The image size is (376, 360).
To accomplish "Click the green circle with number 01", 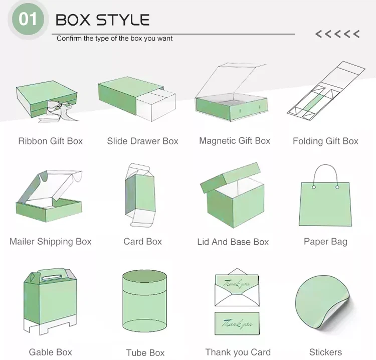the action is pyautogui.click(x=28, y=19).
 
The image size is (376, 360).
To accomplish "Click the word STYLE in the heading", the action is pyautogui.click(x=123, y=20).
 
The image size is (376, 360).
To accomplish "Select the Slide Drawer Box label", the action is pyautogui.click(x=143, y=141).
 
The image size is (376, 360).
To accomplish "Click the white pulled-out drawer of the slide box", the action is pyautogui.click(x=156, y=105).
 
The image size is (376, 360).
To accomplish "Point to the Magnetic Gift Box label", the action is pyautogui.click(x=235, y=141).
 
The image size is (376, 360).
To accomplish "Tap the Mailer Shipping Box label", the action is pyautogui.click(x=50, y=242).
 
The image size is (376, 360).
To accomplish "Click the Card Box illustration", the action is pyautogui.click(x=140, y=195).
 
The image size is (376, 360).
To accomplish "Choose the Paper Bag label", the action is pyautogui.click(x=325, y=242).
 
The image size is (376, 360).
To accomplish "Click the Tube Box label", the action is pyautogui.click(x=145, y=353).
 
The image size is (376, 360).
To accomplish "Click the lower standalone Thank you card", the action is pyautogui.click(x=237, y=323).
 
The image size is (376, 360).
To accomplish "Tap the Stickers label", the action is pyautogui.click(x=325, y=352).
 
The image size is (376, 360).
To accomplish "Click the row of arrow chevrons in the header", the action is pyautogui.click(x=337, y=34).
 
